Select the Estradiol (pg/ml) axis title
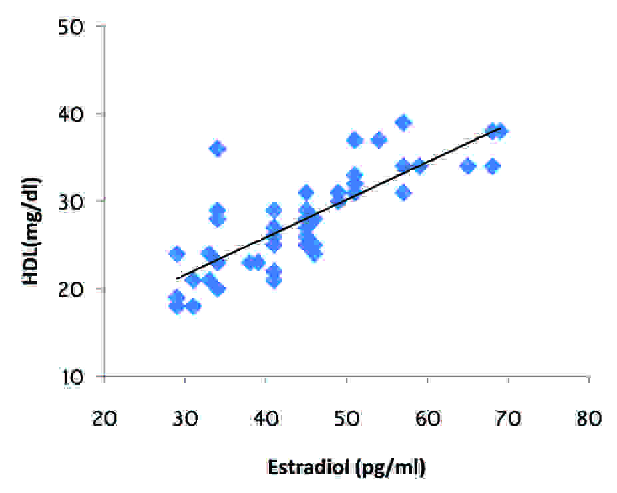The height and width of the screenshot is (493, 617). [346, 467]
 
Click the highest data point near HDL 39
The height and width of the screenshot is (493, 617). [403, 123]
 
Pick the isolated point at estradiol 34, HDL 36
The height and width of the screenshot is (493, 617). [218, 149]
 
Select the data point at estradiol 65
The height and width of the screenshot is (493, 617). [467, 166]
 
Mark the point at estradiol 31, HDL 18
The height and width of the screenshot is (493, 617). [193, 306]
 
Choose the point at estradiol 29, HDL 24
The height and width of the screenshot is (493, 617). [177, 253]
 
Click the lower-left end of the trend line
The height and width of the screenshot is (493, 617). [176, 279]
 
